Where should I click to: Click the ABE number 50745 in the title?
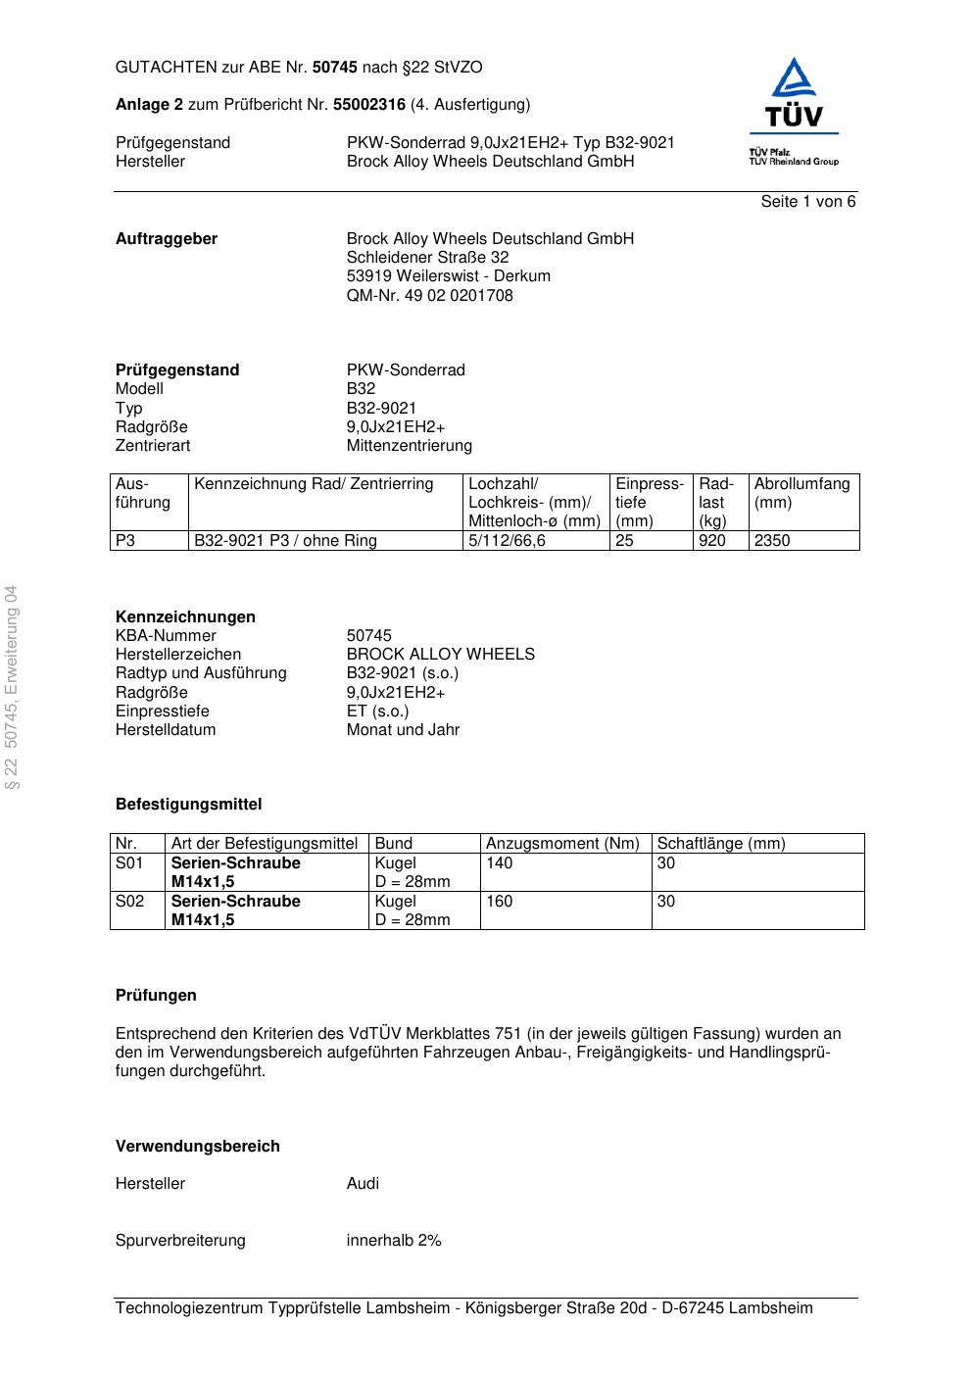pyautogui.click(x=335, y=68)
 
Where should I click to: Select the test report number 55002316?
pyautogui.click(x=369, y=105)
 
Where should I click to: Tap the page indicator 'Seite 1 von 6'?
pyautogui.click(x=808, y=202)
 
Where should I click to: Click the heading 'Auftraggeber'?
pyautogui.click(x=167, y=239)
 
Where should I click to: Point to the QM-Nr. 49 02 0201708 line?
pyautogui.click(x=429, y=296)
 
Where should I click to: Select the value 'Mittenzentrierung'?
pyautogui.click(x=409, y=446)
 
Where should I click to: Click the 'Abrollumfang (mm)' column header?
pyautogui.click(x=802, y=493)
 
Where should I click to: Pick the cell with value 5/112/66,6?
pyautogui.click(x=507, y=541)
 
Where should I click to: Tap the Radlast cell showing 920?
pyautogui.click(x=712, y=541)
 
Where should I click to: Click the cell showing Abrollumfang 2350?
pyautogui.click(x=772, y=541)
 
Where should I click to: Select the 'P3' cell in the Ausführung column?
pyautogui.click(x=126, y=541)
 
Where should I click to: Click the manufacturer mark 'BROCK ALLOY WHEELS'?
pyautogui.click(x=440, y=655)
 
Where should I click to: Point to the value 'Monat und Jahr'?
pyautogui.click(x=403, y=730)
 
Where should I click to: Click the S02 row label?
pyautogui.click(x=130, y=902)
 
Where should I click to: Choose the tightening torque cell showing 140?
pyautogui.click(x=500, y=863)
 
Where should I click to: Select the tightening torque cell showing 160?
pyautogui.click(x=500, y=902)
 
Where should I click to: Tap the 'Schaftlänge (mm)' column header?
pyautogui.click(x=720, y=844)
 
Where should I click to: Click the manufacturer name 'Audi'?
pyautogui.click(x=363, y=1184)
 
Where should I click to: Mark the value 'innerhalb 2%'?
pyautogui.click(x=394, y=1241)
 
